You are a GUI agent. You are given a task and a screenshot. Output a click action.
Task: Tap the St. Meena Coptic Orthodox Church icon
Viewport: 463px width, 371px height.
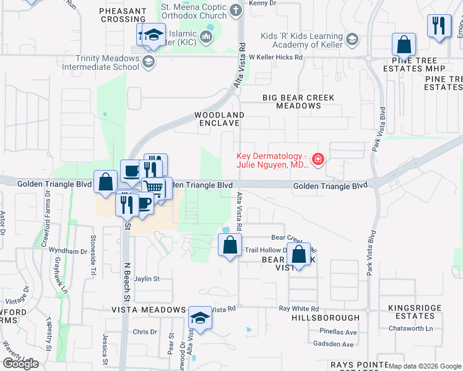(x=235, y=10)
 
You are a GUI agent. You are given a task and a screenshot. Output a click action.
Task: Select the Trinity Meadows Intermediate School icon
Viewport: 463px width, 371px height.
(x=148, y=61)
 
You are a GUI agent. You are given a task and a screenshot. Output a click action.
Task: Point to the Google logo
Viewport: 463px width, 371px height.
(x=20, y=364)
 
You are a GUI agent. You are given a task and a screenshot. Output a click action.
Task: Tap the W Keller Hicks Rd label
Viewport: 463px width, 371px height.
(x=275, y=58)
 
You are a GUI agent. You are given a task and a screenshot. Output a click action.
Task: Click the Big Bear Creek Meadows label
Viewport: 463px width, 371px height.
(x=298, y=102)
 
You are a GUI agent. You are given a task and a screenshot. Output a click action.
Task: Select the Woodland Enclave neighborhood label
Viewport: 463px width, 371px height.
(x=219, y=119)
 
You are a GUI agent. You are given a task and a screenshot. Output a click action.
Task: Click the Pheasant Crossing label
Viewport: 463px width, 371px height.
(x=123, y=15)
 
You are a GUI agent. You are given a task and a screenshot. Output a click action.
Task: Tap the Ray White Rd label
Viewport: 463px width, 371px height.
(x=298, y=309)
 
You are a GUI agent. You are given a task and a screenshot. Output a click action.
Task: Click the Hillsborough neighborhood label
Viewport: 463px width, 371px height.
(x=325, y=317)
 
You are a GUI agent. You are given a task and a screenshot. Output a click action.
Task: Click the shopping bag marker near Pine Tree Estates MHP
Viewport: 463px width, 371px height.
(x=404, y=45)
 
